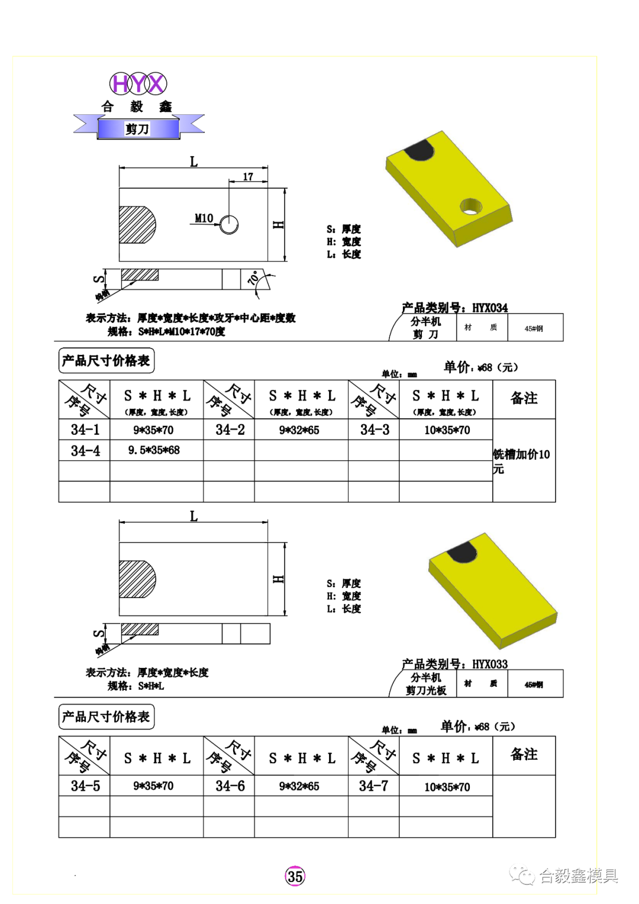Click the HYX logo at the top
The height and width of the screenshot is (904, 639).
(138, 83)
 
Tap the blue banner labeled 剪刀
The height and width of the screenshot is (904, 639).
(137, 128)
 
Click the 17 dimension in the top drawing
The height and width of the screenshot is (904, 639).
(248, 177)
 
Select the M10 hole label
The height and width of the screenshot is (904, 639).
(204, 218)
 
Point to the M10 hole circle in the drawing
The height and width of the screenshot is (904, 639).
(229, 224)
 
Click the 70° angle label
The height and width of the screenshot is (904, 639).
(254, 278)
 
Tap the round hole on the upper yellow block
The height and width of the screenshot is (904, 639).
(472, 206)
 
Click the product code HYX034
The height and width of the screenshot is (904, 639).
(490, 308)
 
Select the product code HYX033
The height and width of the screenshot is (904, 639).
(490, 664)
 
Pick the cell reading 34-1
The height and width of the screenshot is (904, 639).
(85, 430)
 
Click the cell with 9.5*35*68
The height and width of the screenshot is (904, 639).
(154, 450)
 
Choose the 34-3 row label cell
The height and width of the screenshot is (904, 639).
(375, 430)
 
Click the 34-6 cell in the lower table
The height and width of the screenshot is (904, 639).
(230, 786)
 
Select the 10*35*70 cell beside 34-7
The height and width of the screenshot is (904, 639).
(447, 786)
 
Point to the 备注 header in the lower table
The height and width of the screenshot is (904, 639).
(524, 754)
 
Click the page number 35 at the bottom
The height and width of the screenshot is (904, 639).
(295, 876)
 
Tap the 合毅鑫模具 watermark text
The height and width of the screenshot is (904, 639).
(577, 876)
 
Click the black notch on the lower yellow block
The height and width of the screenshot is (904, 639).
(462, 553)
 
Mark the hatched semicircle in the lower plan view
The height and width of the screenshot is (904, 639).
(136, 579)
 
